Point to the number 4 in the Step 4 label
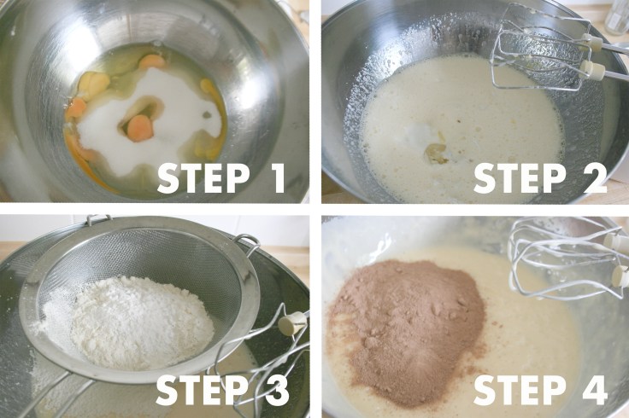tap(595, 390)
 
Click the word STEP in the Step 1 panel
tap(203, 178)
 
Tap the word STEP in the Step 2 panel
tap(520, 179)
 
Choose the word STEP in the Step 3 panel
tap(202, 391)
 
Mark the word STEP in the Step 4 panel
tap(520, 391)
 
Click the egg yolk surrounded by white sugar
tap(140, 128)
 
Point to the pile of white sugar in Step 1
tap(152, 120)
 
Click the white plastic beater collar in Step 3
tap(292, 323)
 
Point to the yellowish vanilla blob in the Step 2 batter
tap(437, 154)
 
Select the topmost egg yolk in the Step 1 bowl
tap(152, 61)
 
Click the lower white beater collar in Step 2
tap(593, 72)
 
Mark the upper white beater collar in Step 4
tap(617, 241)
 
